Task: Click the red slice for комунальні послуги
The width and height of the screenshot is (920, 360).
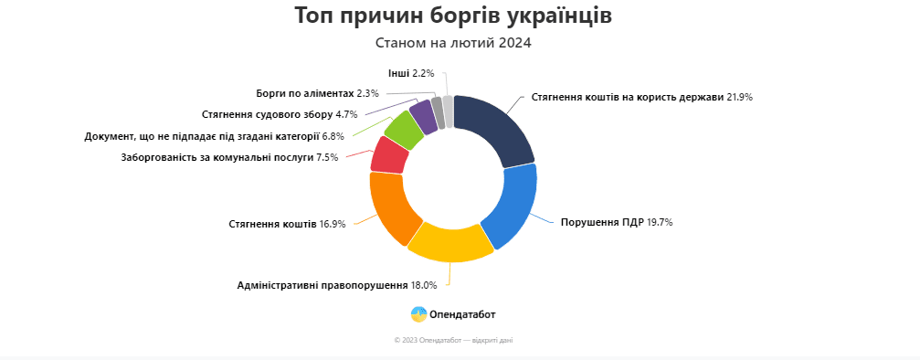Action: (389, 154)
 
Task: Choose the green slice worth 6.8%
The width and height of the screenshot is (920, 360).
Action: (405, 129)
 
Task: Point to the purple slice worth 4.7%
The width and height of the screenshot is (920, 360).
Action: (424, 116)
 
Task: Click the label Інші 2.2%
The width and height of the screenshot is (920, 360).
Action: (411, 73)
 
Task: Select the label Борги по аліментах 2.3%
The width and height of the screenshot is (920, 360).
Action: (317, 93)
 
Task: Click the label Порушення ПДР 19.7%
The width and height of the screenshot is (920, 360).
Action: (617, 222)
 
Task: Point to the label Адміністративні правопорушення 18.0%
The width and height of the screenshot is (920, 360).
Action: (337, 285)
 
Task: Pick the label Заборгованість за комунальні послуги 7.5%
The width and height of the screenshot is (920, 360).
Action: (229, 157)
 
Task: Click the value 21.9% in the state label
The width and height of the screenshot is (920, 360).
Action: (739, 97)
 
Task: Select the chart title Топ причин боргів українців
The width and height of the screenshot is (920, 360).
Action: (453, 16)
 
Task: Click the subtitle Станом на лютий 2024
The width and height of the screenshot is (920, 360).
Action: (453, 43)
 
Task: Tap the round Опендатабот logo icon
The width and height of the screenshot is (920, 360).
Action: (419, 314)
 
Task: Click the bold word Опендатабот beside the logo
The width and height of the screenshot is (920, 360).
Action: (462, 314)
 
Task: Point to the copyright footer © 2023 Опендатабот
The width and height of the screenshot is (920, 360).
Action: (453, 340)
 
